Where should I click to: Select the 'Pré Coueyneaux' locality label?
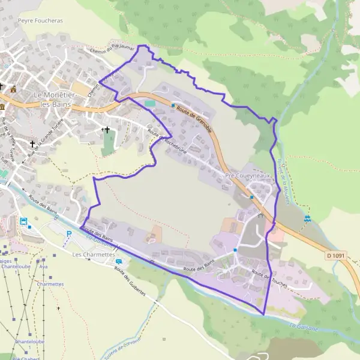(x=248, y=176)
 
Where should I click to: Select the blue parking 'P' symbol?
(x=69, y=234)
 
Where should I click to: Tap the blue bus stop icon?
(x=23, y=221)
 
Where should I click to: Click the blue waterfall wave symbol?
(x=307, y=218)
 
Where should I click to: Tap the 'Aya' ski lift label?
(x=43, y=266)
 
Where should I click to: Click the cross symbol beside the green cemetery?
(x=107, y=130)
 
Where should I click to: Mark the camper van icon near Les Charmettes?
(x=119, y=262)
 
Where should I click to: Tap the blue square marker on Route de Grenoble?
(x=173, y=106)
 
